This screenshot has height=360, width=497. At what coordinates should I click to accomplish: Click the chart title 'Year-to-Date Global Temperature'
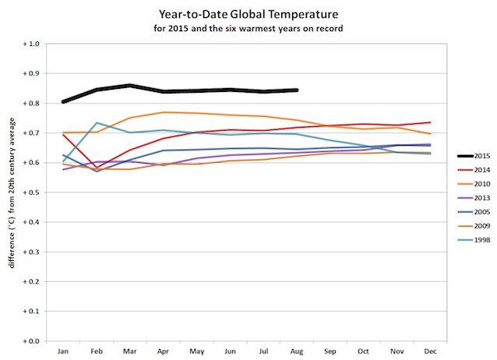coord(248,13)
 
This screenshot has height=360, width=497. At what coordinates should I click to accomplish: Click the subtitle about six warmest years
coord(248,28)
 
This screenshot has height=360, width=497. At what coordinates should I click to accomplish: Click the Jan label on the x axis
coord(63,351)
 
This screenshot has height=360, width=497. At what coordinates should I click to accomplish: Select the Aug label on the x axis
coord(297,351)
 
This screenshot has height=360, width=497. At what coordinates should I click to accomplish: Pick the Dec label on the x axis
coord(430,351)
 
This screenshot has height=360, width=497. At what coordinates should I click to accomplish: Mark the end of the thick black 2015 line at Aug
coord(297,90)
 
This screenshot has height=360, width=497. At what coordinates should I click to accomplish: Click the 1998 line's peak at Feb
coord(97,123)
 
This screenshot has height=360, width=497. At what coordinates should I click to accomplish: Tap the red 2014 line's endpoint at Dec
coord(430,122)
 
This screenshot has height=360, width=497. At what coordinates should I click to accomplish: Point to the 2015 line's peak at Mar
coord(130,86)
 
